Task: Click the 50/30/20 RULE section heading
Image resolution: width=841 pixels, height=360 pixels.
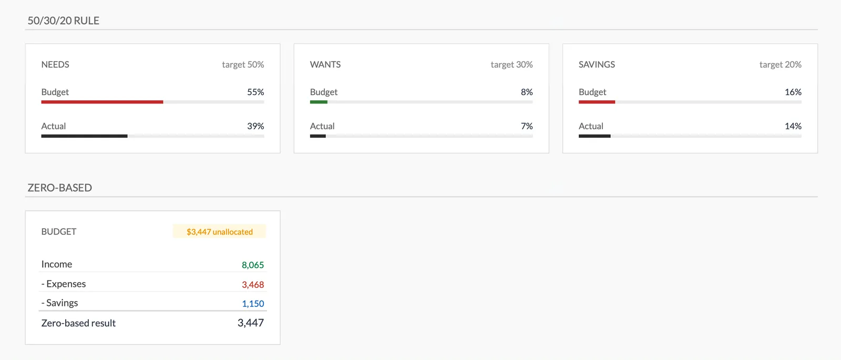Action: pyautogui.click(x=63, y=20)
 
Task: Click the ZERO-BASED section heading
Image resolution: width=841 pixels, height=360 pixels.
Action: pyautogui.click(x=59, y=188)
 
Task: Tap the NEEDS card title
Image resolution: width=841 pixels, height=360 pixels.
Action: pyautogui.click(x=55, y=65)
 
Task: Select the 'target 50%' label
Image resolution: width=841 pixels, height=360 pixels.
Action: pyautogui.click(x=243, y=65)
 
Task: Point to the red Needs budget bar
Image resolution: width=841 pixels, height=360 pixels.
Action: pyautogui.click(x=102, y=102)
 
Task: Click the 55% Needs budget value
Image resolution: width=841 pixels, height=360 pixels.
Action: pyautogui.click(x=255, y=92)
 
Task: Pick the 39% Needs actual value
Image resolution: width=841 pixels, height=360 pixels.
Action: pyautogui.click(x=255, y=126)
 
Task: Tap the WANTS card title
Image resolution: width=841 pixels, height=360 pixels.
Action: pyautogui.click(x=325, y=65)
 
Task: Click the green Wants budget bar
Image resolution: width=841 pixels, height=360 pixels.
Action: pyautogui.click(x=319, y=102)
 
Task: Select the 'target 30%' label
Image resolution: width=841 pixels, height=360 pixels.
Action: pyautogui.click(x=511, y=65)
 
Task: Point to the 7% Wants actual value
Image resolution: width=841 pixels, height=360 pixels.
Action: pyautogui.click(x=527, y=126)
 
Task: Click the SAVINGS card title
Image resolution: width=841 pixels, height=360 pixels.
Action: pyautogui.click(x=597, y=65)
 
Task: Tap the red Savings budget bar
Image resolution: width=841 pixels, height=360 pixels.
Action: pyautogui.click(x=597, y=102)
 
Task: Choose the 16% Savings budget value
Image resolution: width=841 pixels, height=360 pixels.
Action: pyautogui.click(x=793, y=92)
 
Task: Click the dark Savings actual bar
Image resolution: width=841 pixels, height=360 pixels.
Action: pyautogui.click(x=594, y=136)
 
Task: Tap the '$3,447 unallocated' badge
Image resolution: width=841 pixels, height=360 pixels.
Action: pyautogui.click(x=220, y=232)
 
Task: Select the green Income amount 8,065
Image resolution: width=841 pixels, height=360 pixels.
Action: pyautogui.click(x=253, y=265)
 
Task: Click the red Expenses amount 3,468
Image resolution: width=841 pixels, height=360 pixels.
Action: pyautogui.click(x=253, y=284)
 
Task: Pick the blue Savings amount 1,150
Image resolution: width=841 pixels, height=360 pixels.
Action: pyautogui.click(x=253, y=304)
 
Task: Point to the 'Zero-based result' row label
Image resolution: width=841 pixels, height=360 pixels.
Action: pyautogui.click(x=78, y=323)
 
